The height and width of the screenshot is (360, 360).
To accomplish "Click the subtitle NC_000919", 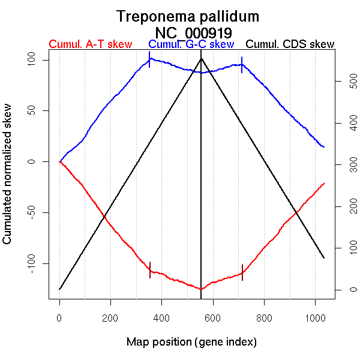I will pos(194,32).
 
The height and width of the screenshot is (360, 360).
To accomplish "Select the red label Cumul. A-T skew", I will pos(90,44).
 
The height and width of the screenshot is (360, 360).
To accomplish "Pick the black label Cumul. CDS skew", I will pos(290,44).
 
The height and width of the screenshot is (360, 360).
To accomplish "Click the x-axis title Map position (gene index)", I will pos(191,342).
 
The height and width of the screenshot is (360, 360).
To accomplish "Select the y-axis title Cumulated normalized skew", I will pos(8,181).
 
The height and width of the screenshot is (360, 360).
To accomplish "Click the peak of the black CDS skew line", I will pos(201,58).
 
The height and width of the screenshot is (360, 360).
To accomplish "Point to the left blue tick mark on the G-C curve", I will pos(149,59).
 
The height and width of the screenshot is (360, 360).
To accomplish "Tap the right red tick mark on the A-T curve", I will pos(242,272).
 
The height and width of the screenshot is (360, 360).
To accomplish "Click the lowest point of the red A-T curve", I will pos(201,289).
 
